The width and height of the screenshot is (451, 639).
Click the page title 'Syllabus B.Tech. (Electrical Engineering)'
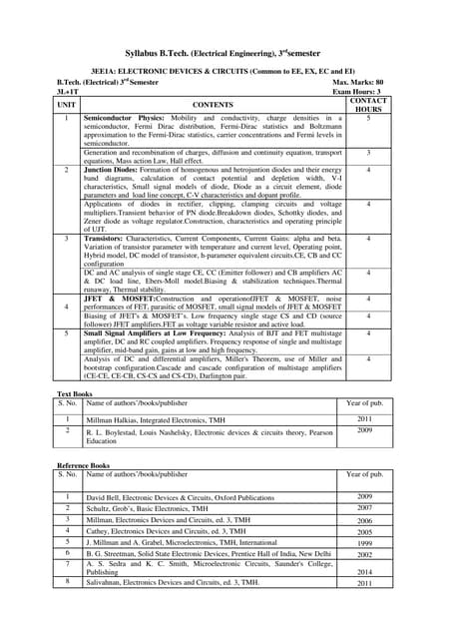pyautogui.click(x=210, y=50)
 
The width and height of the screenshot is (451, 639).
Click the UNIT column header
pyautogui.click(x=67, y=104)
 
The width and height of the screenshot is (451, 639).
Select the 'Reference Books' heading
pyautogui.click(x=82, y=464)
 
